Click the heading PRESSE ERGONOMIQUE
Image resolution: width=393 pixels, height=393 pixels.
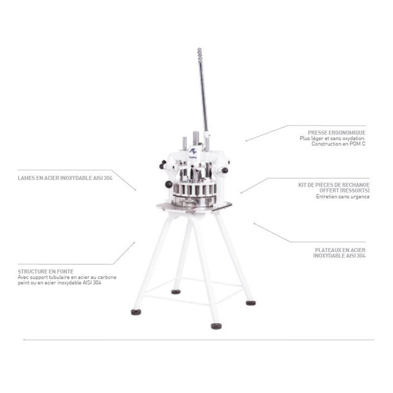pos(337,133)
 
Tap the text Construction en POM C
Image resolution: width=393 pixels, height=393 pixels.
pos(338,144)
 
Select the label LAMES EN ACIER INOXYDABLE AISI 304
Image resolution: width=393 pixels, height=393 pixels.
pos(65,178)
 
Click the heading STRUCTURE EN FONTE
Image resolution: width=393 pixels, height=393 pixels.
pos(46,272)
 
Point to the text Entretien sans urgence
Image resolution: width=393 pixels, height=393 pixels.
pos(342,197)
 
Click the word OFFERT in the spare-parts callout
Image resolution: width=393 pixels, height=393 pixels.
pos(329,191)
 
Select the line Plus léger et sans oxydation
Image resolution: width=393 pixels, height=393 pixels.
pos(333,139)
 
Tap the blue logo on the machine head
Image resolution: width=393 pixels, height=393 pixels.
pos(193,151)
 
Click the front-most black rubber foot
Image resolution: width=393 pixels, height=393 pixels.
pos(216,326)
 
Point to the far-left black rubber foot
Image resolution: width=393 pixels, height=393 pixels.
pos(136,312)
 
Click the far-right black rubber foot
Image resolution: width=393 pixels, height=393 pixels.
pos(251,303)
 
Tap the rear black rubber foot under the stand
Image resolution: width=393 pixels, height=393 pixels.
pos(176,292)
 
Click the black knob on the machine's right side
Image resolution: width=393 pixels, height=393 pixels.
pos(225,170)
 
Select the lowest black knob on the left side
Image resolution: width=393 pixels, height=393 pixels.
pos(168,185)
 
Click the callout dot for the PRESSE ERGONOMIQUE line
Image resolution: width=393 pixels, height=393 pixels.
pos(246,141)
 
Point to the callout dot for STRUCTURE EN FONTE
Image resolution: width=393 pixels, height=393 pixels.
pos(134,243)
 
